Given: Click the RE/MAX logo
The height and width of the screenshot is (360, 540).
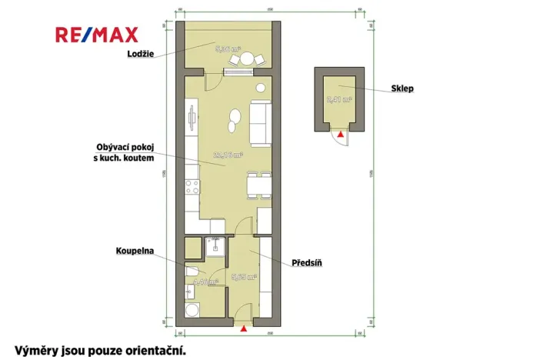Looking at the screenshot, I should (96, 35).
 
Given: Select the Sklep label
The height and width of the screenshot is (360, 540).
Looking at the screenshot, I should (402, 88).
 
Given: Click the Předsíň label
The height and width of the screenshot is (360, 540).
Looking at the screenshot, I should (306, 263).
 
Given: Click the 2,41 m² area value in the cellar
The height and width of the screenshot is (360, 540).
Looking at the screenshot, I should (338, 99).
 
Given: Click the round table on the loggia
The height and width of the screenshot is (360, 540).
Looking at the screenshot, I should (247, 58).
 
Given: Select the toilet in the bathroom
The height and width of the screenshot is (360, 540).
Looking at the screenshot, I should (192, 275).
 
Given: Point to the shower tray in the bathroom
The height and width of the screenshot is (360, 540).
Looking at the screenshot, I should (215, 247).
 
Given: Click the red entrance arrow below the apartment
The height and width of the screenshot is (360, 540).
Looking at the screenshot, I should (244, 329).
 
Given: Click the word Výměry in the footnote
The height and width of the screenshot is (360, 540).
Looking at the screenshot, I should (31, 349).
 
